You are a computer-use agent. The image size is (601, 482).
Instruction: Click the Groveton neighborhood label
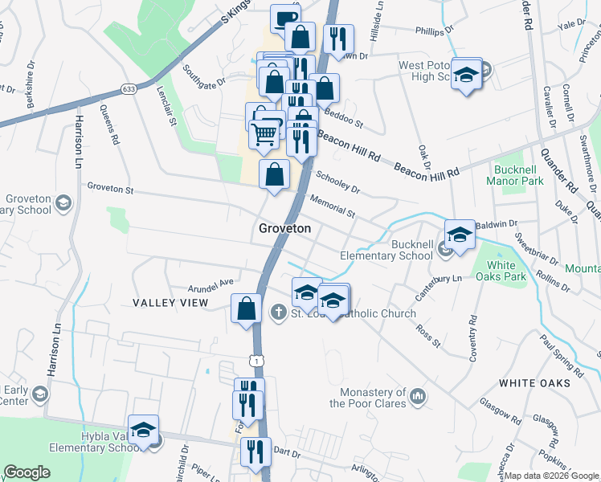click(x=284, y=229)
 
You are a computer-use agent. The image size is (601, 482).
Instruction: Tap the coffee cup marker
click(x=284, y=18)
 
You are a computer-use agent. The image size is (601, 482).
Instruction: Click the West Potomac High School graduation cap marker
click(x=464, y=75)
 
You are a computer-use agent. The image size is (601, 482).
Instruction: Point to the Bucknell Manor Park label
click(x=515, y=175)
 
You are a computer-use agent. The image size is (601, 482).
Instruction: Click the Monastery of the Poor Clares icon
click(x=418, y=396)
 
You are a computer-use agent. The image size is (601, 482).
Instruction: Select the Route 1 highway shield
click(x=256, y=362)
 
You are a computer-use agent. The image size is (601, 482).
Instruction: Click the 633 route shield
click(x=128, y=88)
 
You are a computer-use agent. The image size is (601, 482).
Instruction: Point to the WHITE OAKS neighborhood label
click(x=534, y=383)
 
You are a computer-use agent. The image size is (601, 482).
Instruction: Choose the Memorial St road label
click(x=332, y=206)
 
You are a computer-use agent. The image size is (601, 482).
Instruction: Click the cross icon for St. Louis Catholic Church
click(x=279, y=313)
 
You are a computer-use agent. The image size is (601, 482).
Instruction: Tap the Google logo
click(x=27, y=472)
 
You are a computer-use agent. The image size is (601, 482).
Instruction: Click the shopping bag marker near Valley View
click(x=245, y=308)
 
